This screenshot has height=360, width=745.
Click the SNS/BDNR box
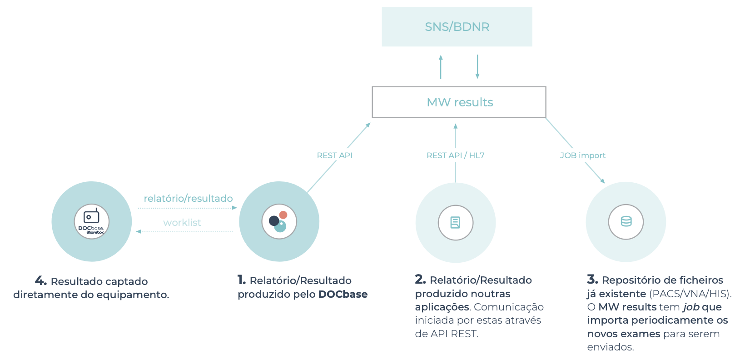[x=457, y=27]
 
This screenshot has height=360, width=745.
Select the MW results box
[x=459, y=102]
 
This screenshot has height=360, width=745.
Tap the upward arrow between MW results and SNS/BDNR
[x=441, y=67]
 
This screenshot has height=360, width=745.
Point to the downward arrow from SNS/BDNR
[x=477, y=67]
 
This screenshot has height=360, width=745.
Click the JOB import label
[x=582, y=155]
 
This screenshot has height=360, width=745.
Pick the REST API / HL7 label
[x=455, y=155]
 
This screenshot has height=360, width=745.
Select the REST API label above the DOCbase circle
[x=334, y=155]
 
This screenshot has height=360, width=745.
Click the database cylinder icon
[x=626, y=221]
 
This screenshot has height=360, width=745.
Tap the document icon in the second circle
[x=455, y=222]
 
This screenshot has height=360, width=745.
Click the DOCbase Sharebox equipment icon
[x=91, y=221]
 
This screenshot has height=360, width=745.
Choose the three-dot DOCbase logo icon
[x=278, y=221]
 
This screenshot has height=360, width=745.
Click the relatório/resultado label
[x=188, y=199]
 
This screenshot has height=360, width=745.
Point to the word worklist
[x=182, y=223]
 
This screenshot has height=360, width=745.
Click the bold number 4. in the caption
[x=40, y=280]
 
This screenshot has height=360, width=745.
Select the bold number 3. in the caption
[x=592, y=279]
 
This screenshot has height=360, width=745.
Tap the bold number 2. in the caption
[x=420, y=279]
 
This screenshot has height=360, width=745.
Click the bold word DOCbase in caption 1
[x=343, y=294]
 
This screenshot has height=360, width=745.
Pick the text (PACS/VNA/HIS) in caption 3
[x=690, y=294]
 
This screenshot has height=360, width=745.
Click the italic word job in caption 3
[x=691, y=307]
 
